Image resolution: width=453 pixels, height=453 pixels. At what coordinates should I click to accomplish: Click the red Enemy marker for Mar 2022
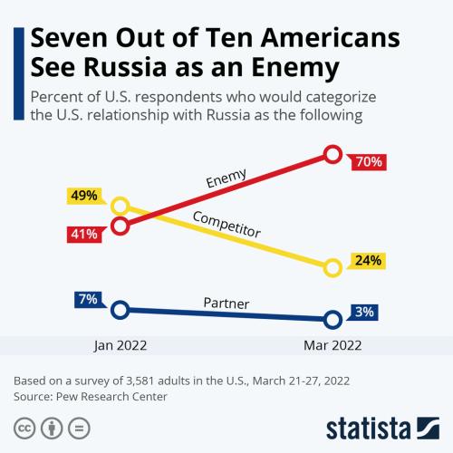[x=333, y=154]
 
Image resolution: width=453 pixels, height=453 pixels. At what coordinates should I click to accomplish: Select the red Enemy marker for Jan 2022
[x=120, y=226]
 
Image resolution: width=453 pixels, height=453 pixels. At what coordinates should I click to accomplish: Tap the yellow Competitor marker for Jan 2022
[x=120, y=207]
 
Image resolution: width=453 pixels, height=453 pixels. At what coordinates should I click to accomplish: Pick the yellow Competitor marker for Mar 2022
[x=333, y=268]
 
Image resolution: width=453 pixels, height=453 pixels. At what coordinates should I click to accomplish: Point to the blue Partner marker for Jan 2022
[x=120, y=310]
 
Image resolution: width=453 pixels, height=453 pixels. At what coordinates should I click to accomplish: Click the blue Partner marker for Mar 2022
[x=333, y=320]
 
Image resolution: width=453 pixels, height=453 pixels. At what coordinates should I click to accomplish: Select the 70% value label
[x=369, y=162]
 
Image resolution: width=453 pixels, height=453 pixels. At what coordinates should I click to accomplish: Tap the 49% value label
[x=84, y=196]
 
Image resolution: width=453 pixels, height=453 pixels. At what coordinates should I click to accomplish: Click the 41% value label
[x=84, y=234]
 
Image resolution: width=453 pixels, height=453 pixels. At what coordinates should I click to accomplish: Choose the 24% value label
[x=368, y=260]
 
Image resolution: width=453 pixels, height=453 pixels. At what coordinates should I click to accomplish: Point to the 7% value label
[x=88, y=299]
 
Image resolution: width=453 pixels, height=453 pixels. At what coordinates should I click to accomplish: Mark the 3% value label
[x=364, y=312]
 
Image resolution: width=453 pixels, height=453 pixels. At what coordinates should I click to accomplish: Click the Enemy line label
[x=226, y=178]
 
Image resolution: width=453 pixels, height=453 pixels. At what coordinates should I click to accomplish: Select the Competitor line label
[x=226, y=225]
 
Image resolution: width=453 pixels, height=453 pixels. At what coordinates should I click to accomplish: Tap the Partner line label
[x=226, y=304]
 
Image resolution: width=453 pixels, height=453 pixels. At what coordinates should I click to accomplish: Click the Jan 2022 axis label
[x=120, y=345]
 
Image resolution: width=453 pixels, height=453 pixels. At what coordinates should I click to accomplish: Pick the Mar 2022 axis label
[x=333, y=345]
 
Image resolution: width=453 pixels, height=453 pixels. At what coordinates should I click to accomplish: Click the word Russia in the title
[x=125, y=67]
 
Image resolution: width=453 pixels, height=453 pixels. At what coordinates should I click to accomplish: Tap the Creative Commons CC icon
[x=24, y=429]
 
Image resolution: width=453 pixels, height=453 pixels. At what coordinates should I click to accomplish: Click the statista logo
[x=382, y=428]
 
